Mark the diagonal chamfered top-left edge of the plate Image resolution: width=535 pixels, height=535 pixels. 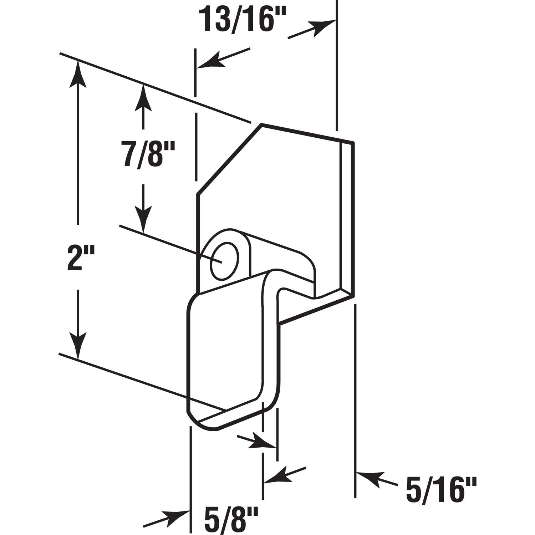(228, 160)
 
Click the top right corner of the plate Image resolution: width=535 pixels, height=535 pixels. (353, 143)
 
